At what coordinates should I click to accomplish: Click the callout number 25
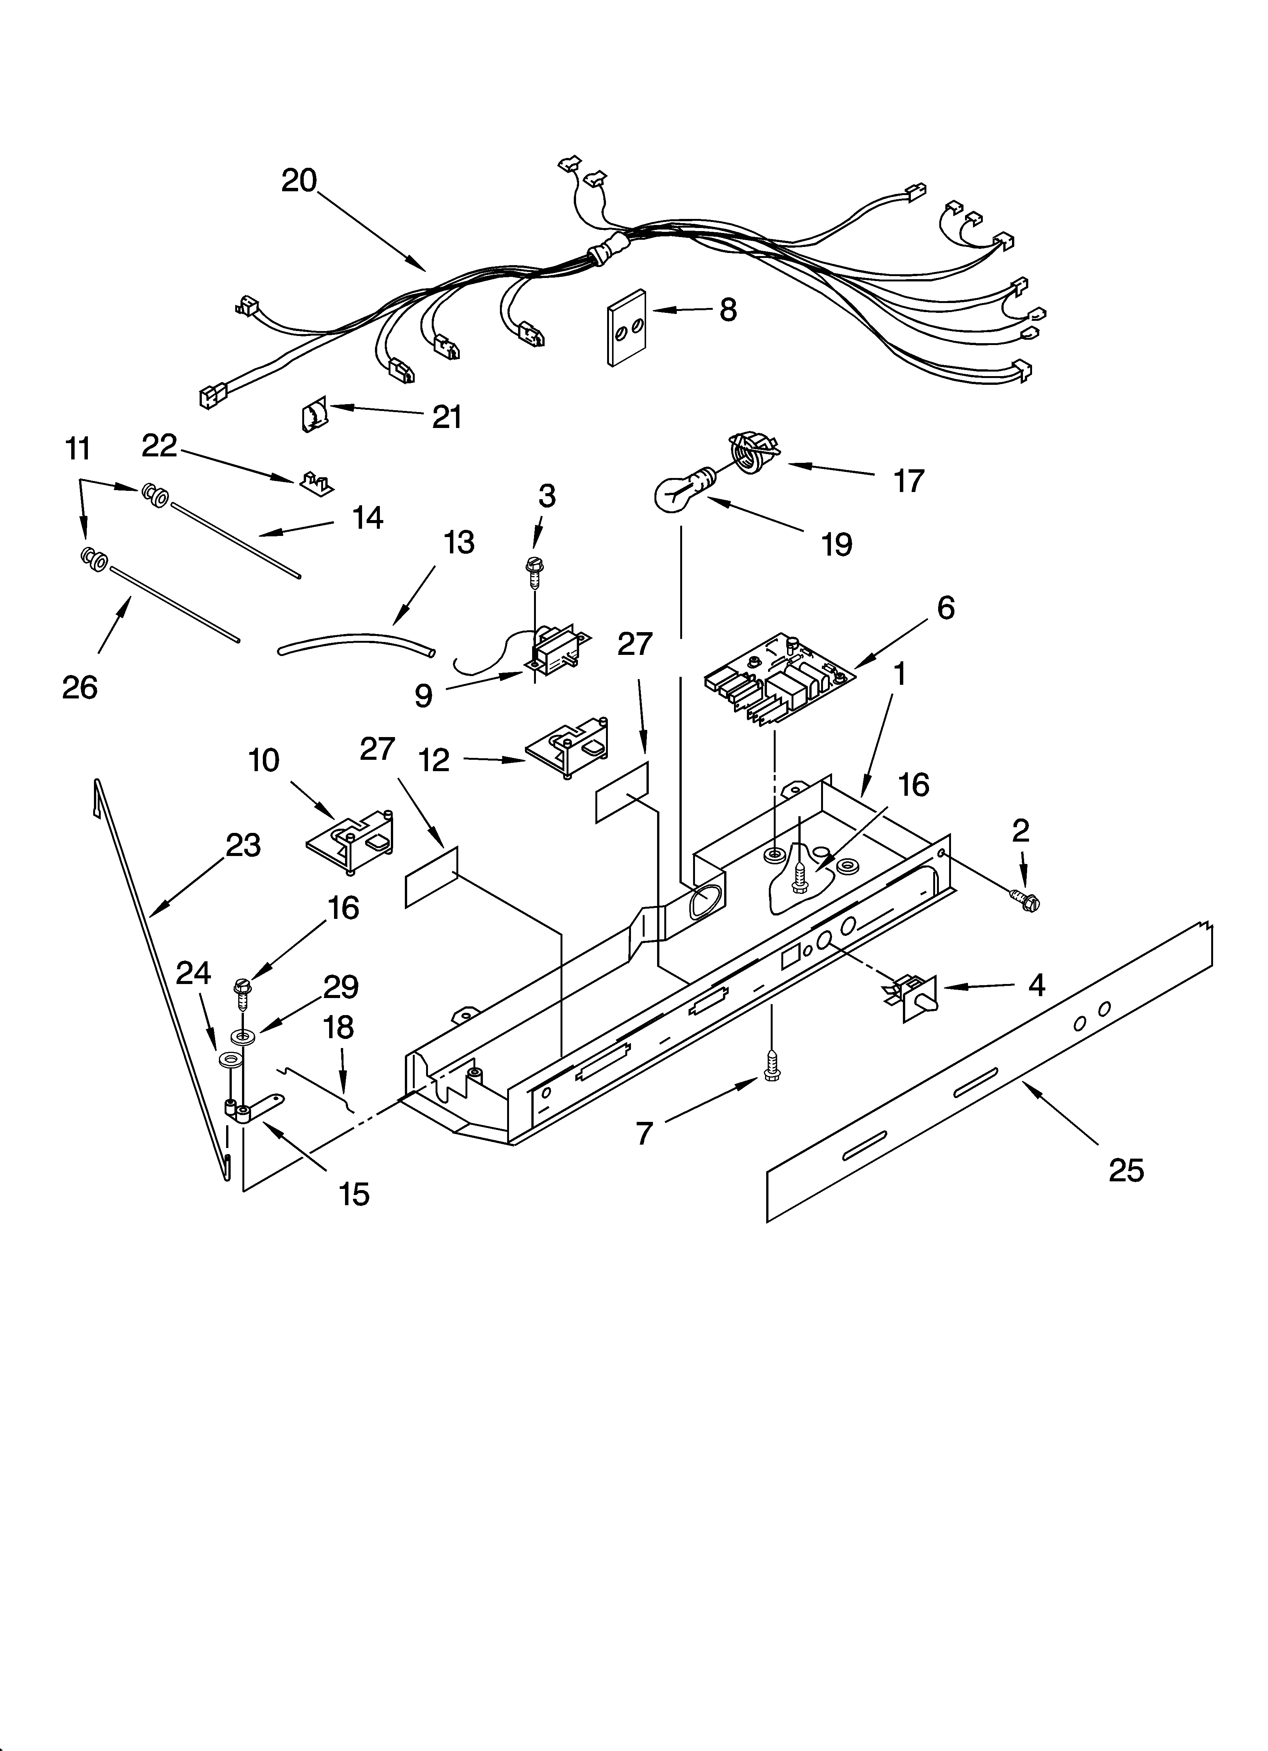pyautogui.click(x=1126, y=1171)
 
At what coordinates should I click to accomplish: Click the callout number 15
pyautogui.click(x=354, y=1195)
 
